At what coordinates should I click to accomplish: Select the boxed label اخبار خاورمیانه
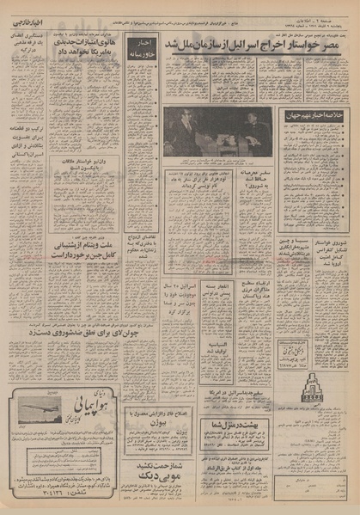143,47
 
